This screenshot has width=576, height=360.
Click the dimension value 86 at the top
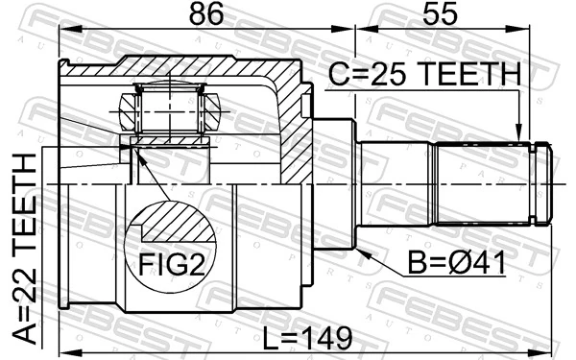tap(206, 14)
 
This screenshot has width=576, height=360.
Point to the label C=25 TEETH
tap(423, 74)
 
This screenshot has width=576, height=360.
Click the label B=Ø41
tap(457, 260)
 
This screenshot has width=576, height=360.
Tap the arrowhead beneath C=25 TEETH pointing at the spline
tap(519, 134)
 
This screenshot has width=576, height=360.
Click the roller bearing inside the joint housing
tap(169, 108)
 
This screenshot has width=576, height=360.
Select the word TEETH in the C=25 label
tap(470, 74)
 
